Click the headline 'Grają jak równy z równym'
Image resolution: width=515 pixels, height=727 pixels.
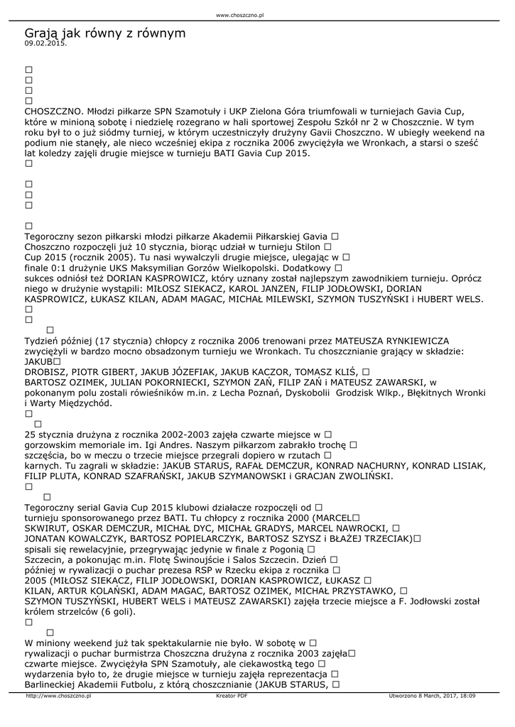105,33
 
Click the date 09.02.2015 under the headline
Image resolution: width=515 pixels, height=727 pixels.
45,43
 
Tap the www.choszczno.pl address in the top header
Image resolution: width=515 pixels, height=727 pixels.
239,14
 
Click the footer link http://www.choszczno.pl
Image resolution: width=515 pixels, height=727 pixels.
58,696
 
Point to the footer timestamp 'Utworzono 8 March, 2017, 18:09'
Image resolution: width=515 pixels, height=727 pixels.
432,696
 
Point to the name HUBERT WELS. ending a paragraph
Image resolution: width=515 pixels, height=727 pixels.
451,299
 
